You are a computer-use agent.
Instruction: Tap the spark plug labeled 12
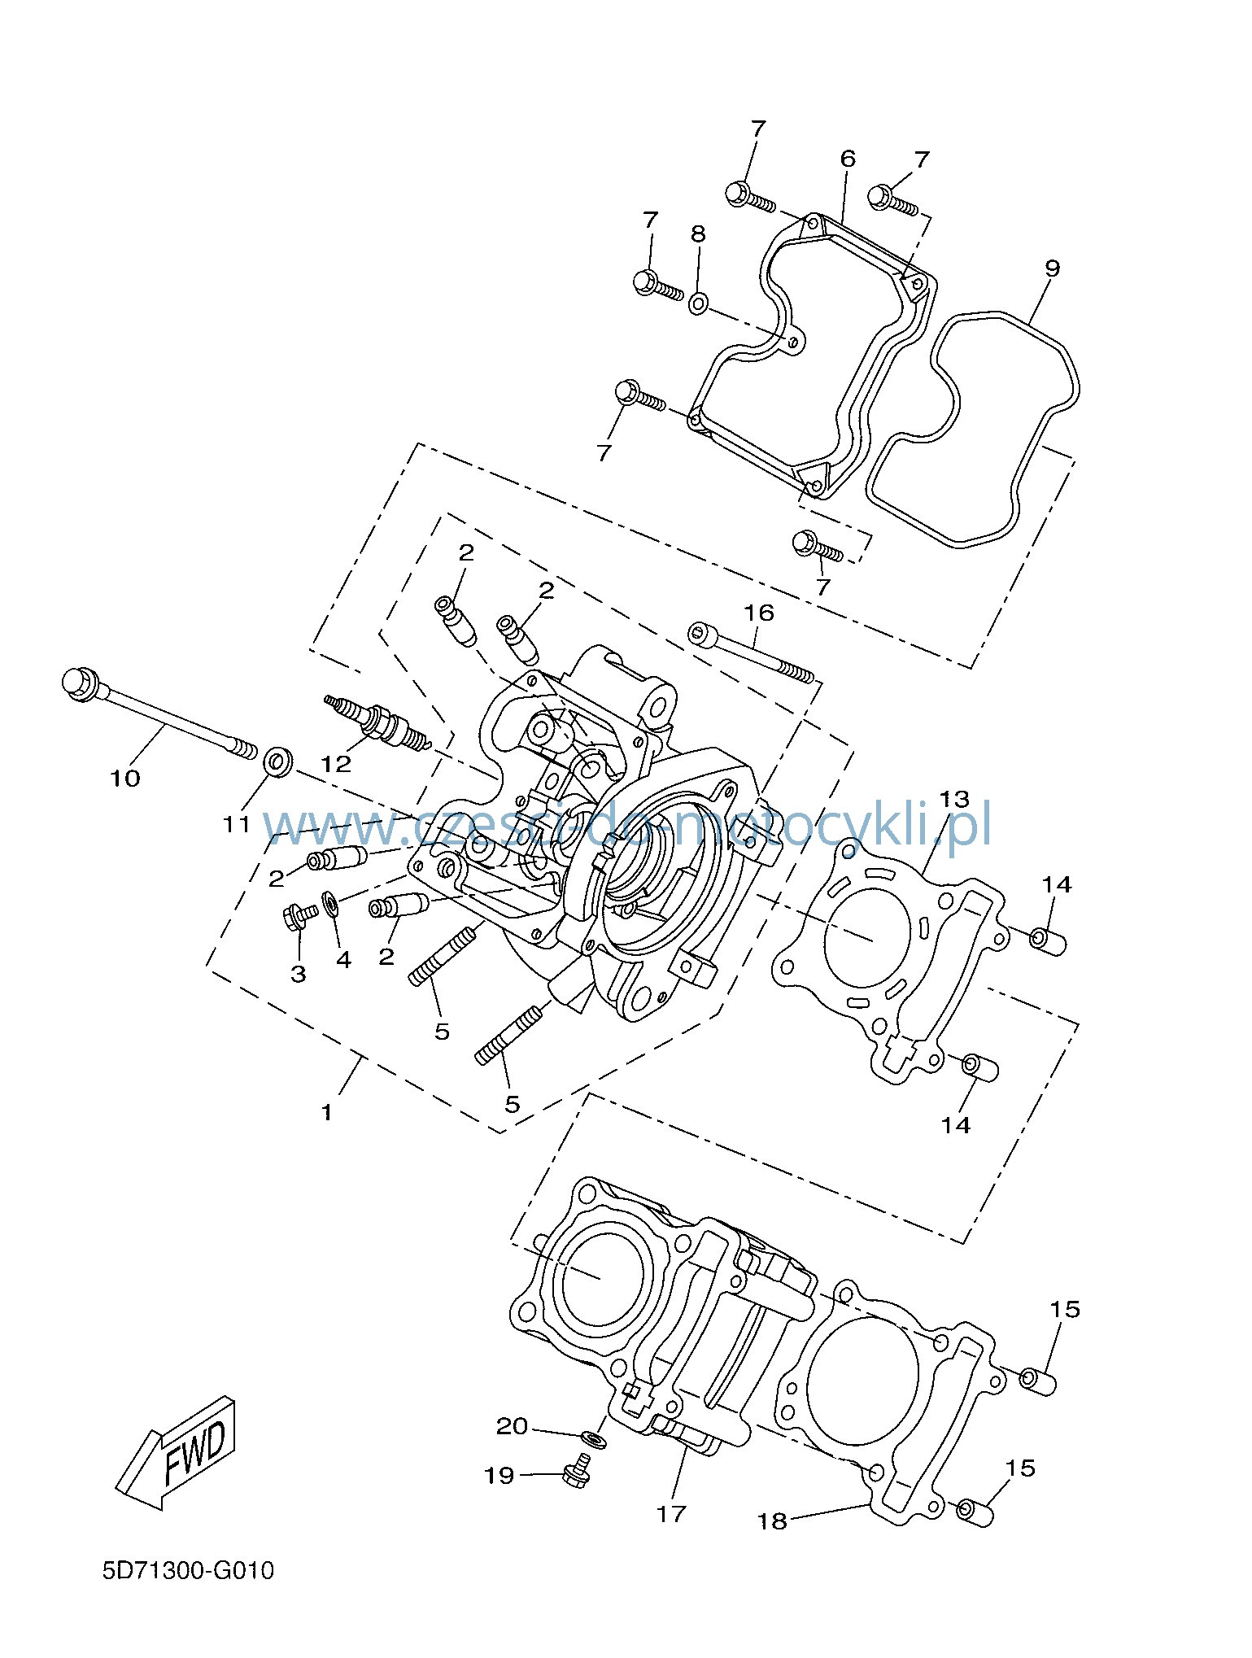coord(377,722)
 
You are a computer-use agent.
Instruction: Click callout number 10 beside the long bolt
coord(125,779)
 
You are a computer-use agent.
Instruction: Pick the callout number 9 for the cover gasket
coord(1052,268)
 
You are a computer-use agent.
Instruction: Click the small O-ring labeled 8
coord(698,305)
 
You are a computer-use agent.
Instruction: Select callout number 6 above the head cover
coord(848,158)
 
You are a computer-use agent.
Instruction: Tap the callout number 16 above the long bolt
coord(759,613)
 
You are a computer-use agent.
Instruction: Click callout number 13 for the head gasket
coord(954,798)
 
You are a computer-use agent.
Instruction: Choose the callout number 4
coord(344,960)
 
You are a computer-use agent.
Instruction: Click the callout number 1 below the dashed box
coord(327,1112)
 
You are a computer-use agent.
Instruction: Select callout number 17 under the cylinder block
coord(672,1514)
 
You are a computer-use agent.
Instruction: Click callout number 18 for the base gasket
coord(773,1521)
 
